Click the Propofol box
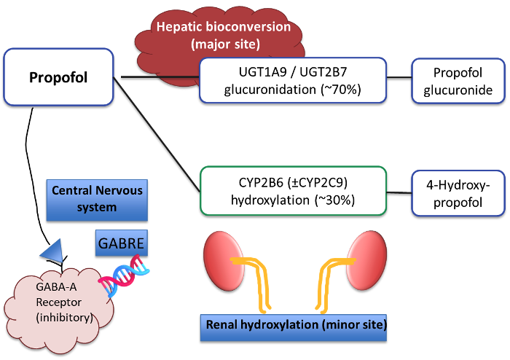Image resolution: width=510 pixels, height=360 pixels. (x=58, y=77)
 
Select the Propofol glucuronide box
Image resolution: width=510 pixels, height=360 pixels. (x=458, y=82)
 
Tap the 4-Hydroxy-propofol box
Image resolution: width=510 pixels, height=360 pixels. (x=458, y=192)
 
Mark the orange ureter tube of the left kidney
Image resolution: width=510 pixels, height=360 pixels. (x=254, y=281)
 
